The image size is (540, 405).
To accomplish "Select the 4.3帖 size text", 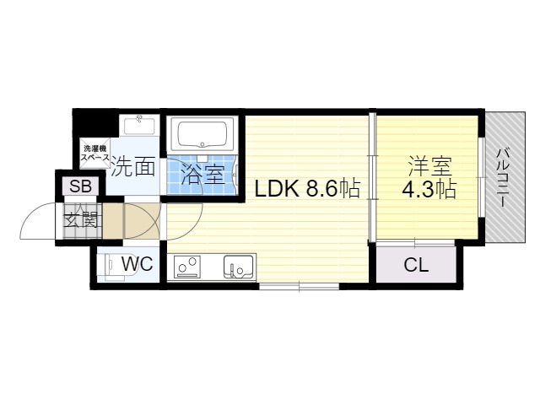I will click(x=428, y=190).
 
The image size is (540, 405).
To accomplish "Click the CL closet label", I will click(x=415, y=266).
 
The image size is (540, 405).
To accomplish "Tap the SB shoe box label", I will click(x=81, y=186).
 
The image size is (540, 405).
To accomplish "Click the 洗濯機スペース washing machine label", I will click(x=94, y=153).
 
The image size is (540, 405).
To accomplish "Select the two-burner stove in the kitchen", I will click(x=187, y=267).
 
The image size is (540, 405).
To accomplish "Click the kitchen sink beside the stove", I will click(x=238, y=267).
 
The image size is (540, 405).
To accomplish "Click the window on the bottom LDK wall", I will click(x=300, y=287).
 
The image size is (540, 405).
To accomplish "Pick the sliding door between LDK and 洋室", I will click(x=372, y=177).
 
